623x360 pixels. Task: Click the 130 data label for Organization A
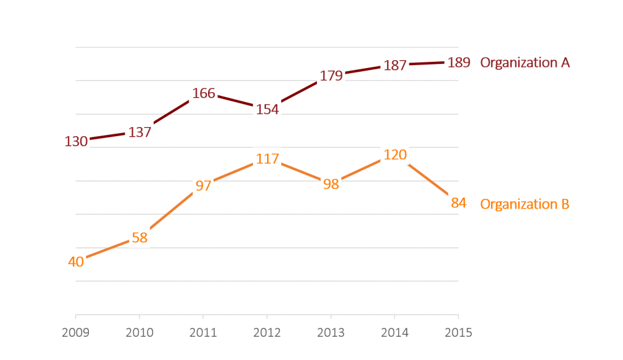point(76,142)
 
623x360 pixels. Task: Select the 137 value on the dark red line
point(140,132)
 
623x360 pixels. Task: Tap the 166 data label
point(204,94)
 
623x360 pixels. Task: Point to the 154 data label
point(267,109)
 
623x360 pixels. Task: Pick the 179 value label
point(331,76)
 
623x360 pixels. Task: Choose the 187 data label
point(395,65)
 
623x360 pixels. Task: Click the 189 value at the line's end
point(458,63)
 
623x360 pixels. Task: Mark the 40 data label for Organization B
point(76,262)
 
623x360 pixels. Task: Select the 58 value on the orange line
point(140,238)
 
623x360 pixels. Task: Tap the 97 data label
point(203,186)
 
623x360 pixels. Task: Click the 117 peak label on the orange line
point(267,159)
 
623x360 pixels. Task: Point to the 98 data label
point(331,184)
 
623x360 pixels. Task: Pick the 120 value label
point(395,155)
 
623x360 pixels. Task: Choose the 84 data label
point(458,203)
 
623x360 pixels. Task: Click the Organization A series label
point(524,63)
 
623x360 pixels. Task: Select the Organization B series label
point(524,204)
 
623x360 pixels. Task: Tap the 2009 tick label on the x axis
point(76,333)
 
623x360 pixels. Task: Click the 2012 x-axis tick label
point(267,333)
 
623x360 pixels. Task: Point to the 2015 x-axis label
point(458,333)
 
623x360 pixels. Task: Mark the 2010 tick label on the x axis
point(140,333)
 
